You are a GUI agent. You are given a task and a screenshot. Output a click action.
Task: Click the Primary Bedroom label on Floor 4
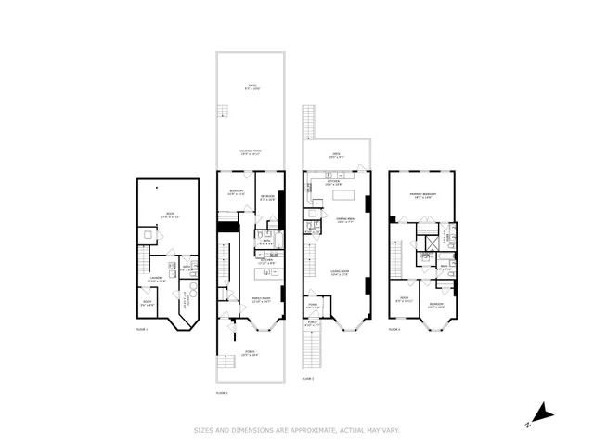pos(423,196)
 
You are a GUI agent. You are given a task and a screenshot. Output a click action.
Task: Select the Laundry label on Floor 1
pos(156,279)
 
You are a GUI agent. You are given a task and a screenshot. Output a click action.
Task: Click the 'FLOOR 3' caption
pos(308,380)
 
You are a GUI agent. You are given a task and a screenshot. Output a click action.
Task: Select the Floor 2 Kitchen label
pos(265,263)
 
